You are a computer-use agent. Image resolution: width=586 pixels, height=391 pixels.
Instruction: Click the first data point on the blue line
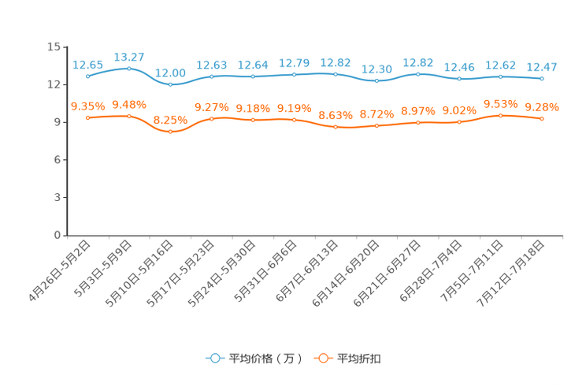(88, 76)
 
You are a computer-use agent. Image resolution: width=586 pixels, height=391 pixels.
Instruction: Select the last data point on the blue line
(542, 78)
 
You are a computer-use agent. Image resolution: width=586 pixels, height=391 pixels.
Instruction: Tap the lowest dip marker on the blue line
(170, 84)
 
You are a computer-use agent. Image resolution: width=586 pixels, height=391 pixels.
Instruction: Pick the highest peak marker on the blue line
(129, 69)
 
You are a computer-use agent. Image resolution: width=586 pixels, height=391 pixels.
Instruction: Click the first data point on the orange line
(88, 117)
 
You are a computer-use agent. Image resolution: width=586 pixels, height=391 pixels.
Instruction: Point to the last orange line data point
(542, 118)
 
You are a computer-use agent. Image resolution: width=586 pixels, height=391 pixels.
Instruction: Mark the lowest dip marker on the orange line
(170, 132)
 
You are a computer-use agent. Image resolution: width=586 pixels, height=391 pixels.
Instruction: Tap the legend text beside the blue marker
(265, 359)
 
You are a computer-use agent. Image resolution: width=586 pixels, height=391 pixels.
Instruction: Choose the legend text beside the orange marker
(360, 359)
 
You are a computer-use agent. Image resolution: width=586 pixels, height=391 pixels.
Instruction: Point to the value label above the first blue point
(87, 65)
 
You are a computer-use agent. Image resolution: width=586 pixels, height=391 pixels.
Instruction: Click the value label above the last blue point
(542, 66)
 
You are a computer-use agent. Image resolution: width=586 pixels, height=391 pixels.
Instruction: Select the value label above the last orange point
(542, 107)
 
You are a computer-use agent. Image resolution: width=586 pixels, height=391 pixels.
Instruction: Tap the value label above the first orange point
(87, 106)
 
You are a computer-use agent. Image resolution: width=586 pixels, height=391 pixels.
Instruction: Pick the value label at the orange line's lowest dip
(170, 120)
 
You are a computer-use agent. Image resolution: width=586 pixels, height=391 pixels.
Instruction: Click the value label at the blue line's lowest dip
(170, 73)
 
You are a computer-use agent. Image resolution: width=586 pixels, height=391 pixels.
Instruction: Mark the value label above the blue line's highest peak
(129, 57)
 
